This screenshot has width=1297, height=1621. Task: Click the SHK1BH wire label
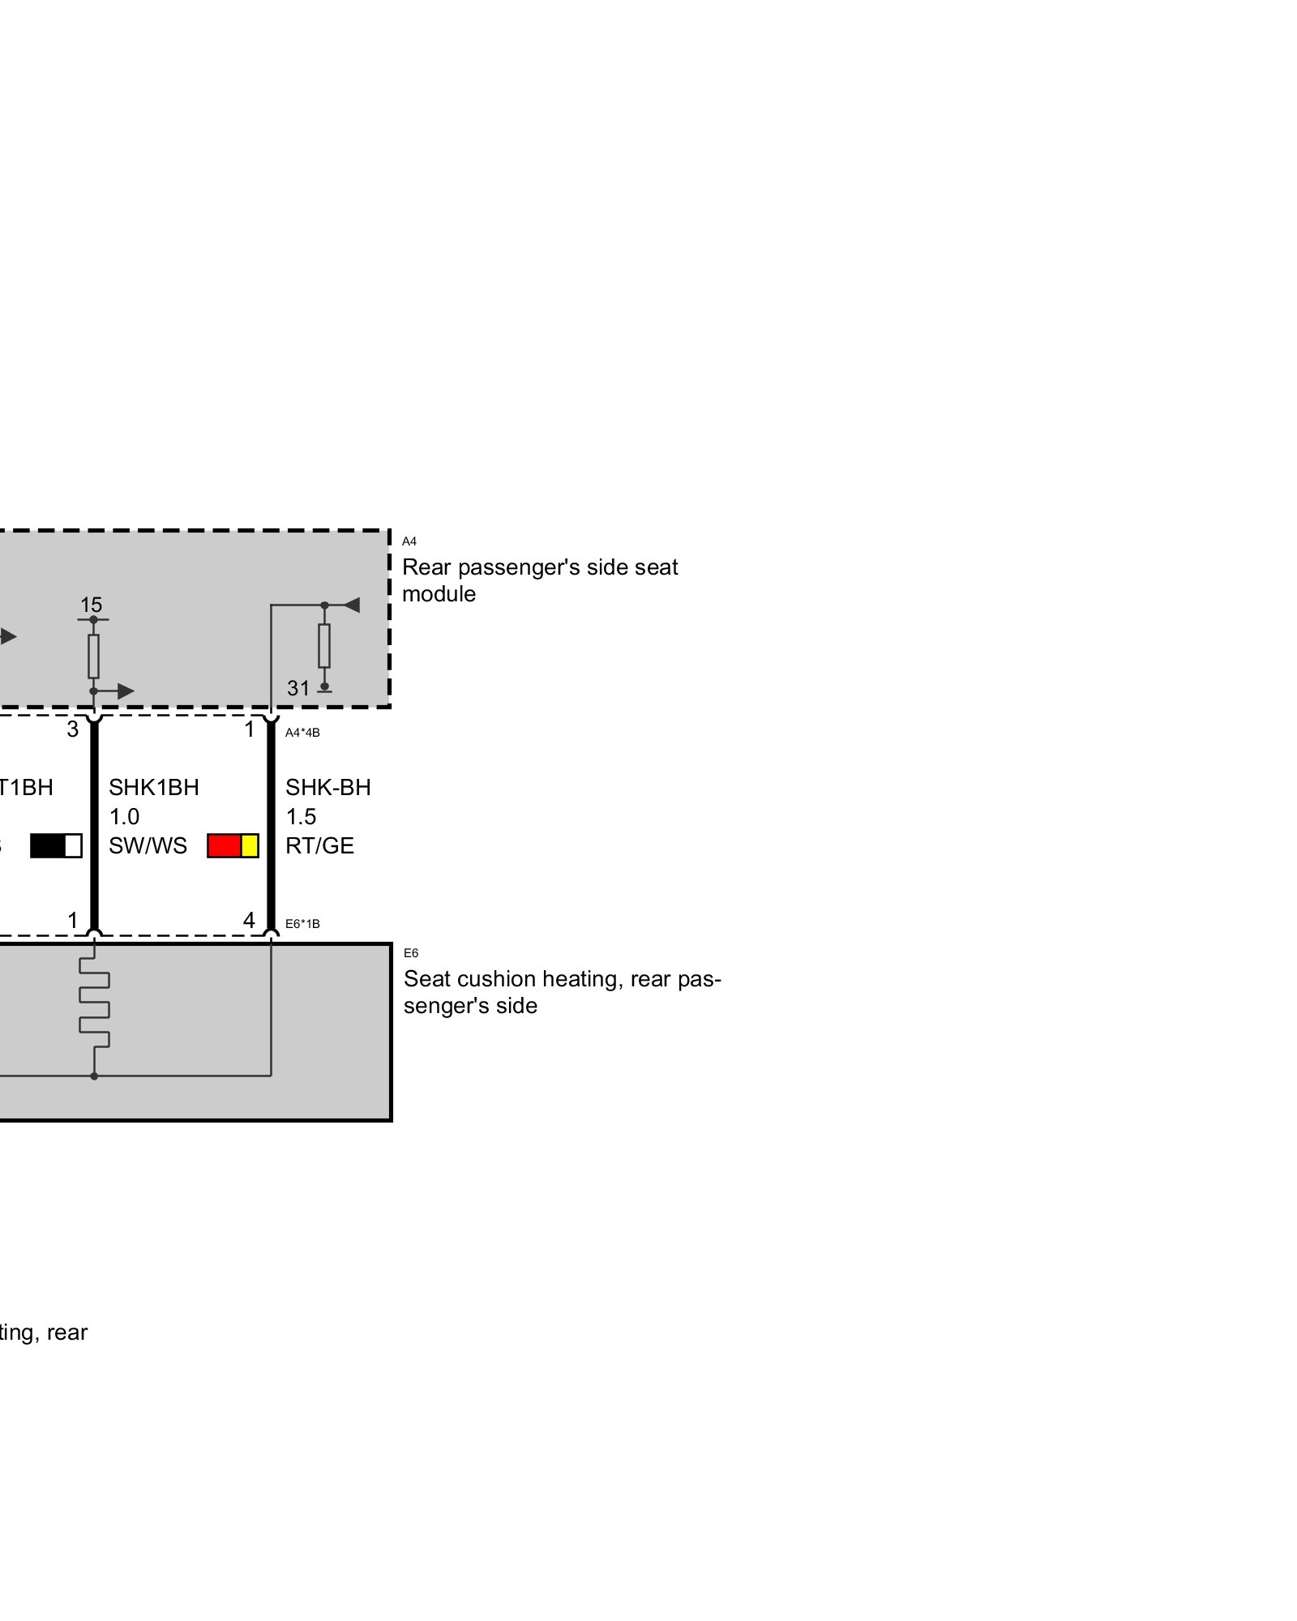coord(153,787)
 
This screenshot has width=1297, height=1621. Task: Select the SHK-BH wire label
coord(327,787)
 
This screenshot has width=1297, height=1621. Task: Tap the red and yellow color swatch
coord(233,845)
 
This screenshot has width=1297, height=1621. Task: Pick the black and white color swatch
coord(56,845)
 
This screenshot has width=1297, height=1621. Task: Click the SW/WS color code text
coord(148,845)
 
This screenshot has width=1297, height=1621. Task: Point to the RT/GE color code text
coord(319,845)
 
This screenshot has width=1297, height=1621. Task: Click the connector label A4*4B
coord(302,733)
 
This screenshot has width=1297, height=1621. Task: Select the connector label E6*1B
coord(302,923)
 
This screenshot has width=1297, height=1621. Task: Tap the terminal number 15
coord(91,605)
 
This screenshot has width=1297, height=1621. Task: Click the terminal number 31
coord(298,688)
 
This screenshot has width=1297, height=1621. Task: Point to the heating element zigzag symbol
coord(94,1004)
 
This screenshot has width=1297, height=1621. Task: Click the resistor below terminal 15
coord(93,656)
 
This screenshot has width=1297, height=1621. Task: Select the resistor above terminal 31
coord(324,645)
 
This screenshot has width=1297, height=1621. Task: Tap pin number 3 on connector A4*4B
coord(73,729)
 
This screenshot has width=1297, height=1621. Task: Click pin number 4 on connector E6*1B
coord(249,920)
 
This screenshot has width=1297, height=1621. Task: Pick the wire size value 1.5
coord(300,816)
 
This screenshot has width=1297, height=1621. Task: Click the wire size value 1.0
coord(124,816)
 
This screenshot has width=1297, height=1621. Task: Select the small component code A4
coord(409,541)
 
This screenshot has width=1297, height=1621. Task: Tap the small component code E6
coord(411,953)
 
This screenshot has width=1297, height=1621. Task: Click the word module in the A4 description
coord(439,594)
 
